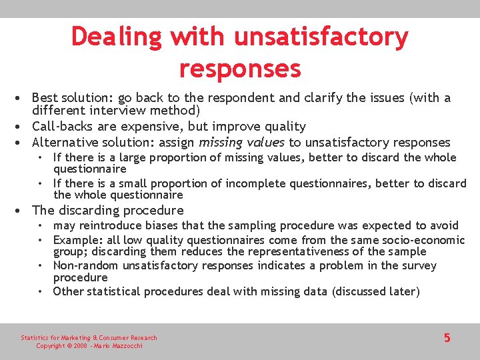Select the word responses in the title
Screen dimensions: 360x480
click(x=240, y=68)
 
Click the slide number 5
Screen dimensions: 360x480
click(x=447, y=338)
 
